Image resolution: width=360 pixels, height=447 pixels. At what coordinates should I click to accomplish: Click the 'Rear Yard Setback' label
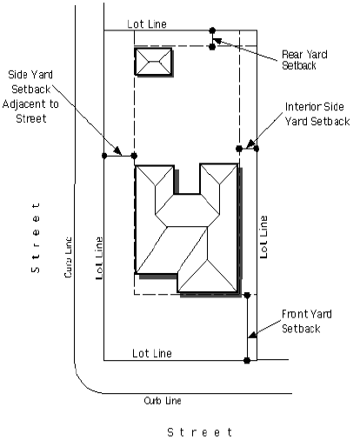(304, 60)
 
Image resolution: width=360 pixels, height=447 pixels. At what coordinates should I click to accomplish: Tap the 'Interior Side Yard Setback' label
(317, 114)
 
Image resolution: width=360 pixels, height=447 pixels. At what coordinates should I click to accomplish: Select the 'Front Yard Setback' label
(307, 321)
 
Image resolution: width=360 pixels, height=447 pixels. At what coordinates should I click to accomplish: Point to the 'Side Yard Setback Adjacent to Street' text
(30, 97)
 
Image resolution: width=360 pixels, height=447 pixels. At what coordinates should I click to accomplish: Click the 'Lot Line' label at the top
(147, 24)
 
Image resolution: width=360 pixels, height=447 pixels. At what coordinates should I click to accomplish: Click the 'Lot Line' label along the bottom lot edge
(152, 353)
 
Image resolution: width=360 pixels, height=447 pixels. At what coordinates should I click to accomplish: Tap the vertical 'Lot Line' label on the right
(263, 237)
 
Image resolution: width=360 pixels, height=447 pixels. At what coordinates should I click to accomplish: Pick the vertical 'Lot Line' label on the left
(99, 258)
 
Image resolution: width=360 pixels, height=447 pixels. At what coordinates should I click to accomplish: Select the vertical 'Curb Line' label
(68, 257)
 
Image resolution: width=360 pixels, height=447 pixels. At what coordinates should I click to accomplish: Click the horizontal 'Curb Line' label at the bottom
(163, 401)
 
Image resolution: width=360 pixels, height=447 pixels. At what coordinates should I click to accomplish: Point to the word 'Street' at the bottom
(200, 432)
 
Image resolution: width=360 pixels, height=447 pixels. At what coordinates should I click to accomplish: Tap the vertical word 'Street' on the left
(36, 237)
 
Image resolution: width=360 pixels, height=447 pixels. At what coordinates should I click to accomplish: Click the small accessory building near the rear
(154, 62)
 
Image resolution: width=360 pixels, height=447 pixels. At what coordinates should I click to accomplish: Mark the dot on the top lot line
(212, 30)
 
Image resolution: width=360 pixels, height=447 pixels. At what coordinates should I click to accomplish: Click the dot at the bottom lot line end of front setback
(247, 361)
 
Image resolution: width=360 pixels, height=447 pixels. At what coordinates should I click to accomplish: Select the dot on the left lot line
(104, 156)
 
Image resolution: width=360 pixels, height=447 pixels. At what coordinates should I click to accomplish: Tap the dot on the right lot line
(257, 149)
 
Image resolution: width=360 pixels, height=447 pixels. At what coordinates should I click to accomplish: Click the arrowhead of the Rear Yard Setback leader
(217, 41)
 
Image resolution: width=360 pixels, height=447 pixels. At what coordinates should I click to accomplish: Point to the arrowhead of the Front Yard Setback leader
(253, 335)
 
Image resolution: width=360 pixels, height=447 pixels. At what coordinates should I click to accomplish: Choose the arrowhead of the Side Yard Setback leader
(117, 150)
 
